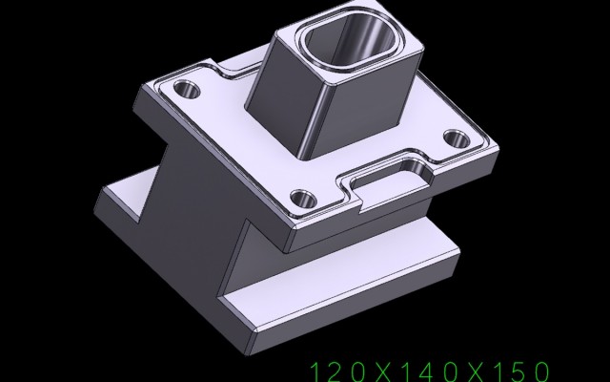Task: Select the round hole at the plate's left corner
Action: pos(187,90)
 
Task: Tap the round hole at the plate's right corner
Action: pos(457,139)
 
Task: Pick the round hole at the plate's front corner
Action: pos(303,199)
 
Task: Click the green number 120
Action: pos(337,371)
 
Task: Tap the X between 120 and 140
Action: pos(383,371)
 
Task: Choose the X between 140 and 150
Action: pos(475,371)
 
